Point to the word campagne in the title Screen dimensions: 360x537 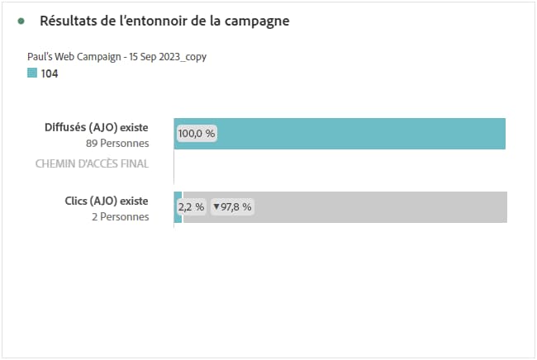[x=255, y=21]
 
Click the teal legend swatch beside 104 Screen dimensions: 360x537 [x=32, y=73]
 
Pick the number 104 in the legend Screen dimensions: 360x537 [x=50, y=73]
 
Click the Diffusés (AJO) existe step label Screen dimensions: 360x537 [x=96, y=128]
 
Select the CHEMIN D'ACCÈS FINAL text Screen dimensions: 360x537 [x=92, y=163]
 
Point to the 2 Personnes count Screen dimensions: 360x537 [x=121, y=216]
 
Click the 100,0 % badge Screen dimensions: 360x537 [x=196, y=133]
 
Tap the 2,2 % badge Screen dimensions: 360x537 [x=191, y=207]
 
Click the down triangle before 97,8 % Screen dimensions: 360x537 [x=216, y=207]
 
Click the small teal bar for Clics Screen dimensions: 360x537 [x=178, y=207]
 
